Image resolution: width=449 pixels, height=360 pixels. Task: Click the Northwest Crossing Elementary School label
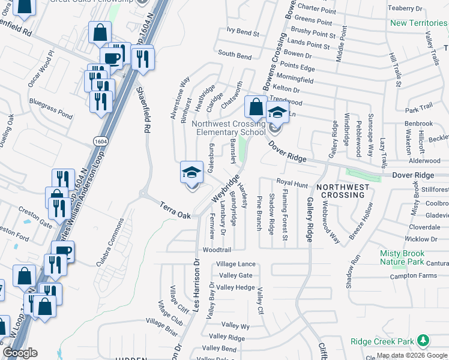[x=228, y=128]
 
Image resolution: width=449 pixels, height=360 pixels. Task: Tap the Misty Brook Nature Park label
[x=405, y=257]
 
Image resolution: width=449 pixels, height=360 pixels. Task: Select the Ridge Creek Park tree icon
[x=424, y=341]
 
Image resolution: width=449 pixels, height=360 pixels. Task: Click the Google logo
[x=20, y=353]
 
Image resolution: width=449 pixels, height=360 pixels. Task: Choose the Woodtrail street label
[x=217, y=249]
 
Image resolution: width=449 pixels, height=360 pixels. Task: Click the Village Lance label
[x=236, y=264]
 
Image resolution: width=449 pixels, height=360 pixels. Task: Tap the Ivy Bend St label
[x=243, y=34]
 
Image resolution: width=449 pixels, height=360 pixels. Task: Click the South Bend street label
[x=235, y=55]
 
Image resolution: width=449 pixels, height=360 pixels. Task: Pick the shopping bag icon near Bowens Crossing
[x=256, y=107]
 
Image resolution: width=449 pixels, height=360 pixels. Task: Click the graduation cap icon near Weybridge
[x=191, y=172]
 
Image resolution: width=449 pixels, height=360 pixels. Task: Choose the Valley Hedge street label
[x=236, y=287]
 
